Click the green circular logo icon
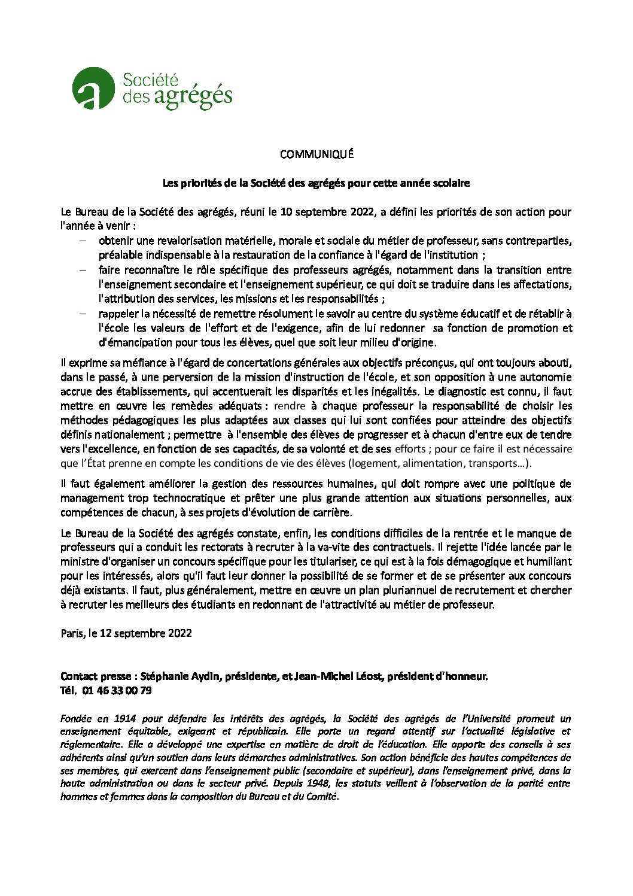pos(93,89)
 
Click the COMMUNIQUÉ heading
pos(316,154)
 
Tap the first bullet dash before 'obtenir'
pos(83,241)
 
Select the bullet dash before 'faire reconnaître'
pos(83,270)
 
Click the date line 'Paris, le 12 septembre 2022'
pos(126,633)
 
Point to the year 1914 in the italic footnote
pos(125,719)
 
